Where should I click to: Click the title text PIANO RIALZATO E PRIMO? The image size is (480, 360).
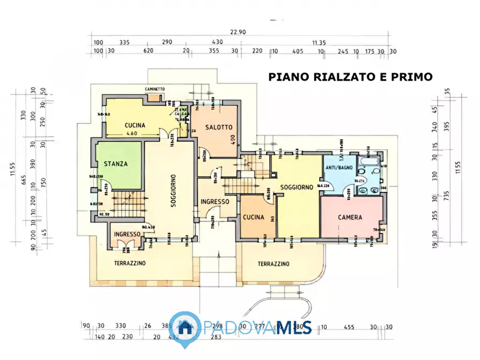[350, 77]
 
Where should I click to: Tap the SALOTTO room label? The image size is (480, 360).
[219, 127]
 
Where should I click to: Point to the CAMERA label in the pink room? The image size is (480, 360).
[350, 218]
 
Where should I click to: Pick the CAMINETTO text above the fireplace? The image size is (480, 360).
[154, 89]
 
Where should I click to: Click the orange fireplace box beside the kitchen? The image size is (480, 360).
[154, 98]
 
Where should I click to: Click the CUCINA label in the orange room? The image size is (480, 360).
[253, 218]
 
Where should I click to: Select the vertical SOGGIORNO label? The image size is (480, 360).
[174, 194]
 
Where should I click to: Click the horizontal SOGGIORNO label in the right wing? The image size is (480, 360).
[296, 187]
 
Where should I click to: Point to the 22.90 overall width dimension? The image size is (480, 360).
[238, 32]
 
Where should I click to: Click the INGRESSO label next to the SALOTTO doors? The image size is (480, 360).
[214, 201]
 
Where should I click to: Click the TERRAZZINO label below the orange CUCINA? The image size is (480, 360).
[273, 264]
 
